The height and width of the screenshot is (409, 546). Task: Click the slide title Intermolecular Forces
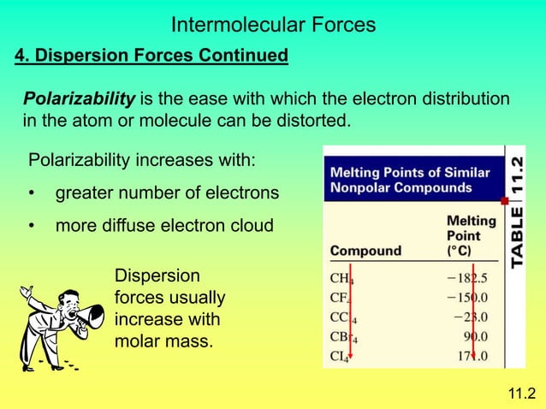[273, 25]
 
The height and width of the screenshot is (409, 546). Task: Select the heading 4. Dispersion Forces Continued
[151, 56]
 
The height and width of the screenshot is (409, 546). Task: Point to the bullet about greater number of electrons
[167, 194]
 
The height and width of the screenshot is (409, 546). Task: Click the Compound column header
[365, 251]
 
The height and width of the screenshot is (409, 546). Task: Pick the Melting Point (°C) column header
[470, 235]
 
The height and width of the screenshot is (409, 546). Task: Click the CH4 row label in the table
[341, 278]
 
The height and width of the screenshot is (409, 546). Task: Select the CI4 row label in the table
[340, 355]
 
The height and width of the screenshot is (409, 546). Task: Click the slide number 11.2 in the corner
[521, 393]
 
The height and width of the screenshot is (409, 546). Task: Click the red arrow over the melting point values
[473, 317]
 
